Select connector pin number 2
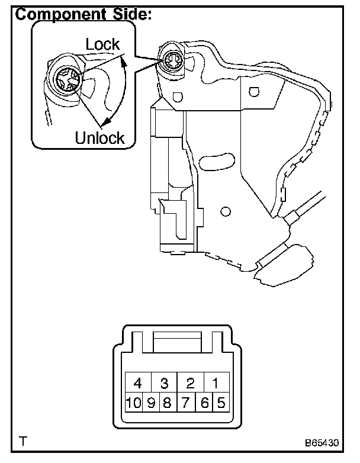coord(190,383)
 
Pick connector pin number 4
coord(138,383)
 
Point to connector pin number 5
coord(221,404)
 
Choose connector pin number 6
coord(204,404)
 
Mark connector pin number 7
coord(186,404)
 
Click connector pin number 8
coord(168,404)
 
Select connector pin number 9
coord(151,404)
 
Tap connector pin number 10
coord(133,404)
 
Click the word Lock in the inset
coord(102,44)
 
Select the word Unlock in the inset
coord(99,139)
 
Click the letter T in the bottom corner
coord(22,441)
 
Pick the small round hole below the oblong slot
coord(224,211)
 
